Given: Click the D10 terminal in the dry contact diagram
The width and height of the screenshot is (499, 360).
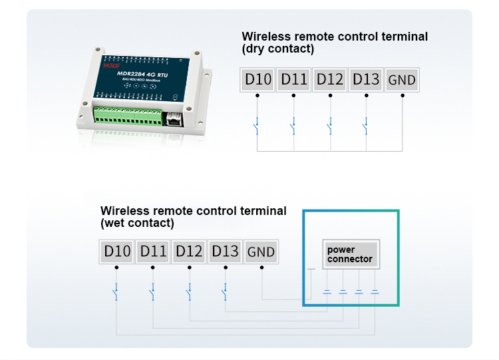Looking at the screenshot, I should coord(258,80).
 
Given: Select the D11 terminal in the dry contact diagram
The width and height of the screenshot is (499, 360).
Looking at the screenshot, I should coord(294,80).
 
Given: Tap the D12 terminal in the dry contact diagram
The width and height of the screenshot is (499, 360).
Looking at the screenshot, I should coord(330,80).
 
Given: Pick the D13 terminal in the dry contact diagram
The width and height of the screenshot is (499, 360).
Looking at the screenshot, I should coord(366,80).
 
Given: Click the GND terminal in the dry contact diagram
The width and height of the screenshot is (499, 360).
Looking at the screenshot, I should coord(402,81).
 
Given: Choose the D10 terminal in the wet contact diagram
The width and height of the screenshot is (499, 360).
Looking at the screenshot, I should coord(117,252).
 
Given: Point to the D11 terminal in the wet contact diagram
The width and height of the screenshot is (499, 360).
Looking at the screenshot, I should coord(153,252).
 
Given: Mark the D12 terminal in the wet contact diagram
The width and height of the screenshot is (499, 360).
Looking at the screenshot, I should coord(189,252).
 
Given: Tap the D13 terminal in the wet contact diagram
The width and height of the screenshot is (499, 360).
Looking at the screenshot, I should coord(225,252).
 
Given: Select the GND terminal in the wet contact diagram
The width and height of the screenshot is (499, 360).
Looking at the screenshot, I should coord(261,252).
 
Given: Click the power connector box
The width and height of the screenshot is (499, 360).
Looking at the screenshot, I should coord(350,254).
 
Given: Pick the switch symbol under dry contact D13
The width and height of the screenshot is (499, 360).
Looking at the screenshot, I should coord(365,125).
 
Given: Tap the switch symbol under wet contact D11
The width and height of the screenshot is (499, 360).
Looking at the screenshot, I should coord(152,291).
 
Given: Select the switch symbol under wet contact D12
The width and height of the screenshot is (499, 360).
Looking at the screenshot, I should coord(188,291).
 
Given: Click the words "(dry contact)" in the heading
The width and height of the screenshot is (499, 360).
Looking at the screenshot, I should coord(277,49).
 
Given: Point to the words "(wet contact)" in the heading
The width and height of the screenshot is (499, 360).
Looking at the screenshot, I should coord(137,223).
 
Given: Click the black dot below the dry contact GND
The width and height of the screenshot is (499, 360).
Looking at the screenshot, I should coord(402,95).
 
